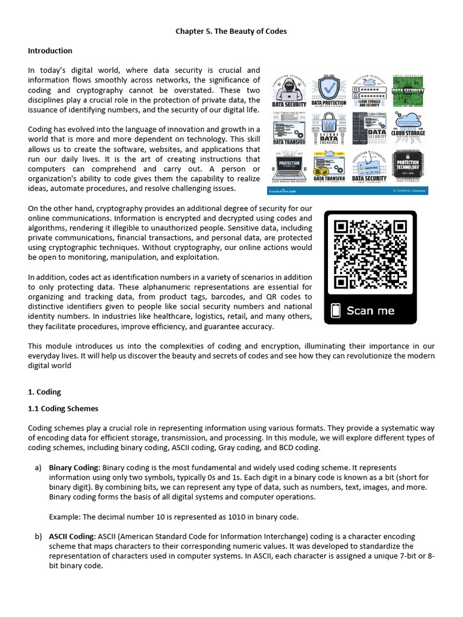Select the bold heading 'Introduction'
(x=50, y=51)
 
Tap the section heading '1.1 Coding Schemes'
(x=63, y=409)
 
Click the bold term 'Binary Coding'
(x=73, y=467)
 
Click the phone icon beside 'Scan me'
(x=336, y=311)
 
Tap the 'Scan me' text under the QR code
(x=370, y=311)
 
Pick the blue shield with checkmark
(x=329, y=88)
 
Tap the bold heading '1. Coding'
(x=45, y=392)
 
